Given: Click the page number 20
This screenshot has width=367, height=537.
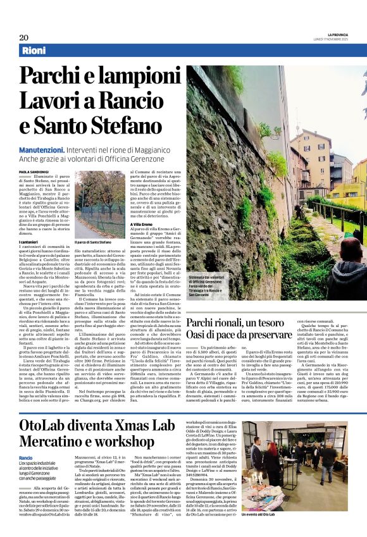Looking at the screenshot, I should coord(23,37).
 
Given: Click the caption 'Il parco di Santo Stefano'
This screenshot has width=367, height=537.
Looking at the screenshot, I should coord(95,242).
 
